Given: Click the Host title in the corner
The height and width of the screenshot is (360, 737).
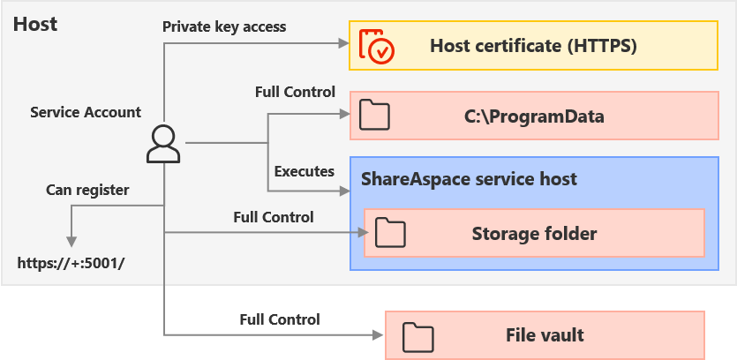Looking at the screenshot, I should coord(35,24).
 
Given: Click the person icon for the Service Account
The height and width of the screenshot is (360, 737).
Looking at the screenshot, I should coord(163,144).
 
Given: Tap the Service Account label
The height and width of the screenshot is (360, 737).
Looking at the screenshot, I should coord(86,112).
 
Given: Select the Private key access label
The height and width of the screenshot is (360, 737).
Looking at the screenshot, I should coord(224,26).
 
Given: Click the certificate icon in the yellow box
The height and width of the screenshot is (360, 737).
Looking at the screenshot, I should coord(377,46).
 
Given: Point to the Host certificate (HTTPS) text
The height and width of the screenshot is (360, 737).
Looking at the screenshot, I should coord(533,46).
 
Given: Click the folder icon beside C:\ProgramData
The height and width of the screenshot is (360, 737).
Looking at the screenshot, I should coord(376,116).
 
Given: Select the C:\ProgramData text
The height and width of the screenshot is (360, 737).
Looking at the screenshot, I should coord(534,116).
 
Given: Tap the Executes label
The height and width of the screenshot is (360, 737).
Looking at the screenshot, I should coord(305,170).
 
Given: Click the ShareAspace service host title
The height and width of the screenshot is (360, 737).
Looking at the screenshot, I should coord(469,179).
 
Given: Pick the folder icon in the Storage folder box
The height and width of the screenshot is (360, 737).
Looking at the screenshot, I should coord(389,233).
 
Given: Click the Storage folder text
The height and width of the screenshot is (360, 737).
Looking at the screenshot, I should coord(534,234).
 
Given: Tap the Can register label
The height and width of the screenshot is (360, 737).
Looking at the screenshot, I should coord(87,190).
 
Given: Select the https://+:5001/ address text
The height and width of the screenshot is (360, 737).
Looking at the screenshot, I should coord(72,262).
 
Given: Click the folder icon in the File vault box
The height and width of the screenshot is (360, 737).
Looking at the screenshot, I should coord(417,335).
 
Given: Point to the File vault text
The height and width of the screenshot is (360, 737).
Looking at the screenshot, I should coord(545,335).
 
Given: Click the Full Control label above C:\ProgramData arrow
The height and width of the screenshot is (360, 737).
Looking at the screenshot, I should coord(295,92).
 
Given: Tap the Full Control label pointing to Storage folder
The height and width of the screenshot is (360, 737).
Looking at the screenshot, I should coord(274,216).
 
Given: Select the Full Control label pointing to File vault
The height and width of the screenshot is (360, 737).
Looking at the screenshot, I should coord(280,319).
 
